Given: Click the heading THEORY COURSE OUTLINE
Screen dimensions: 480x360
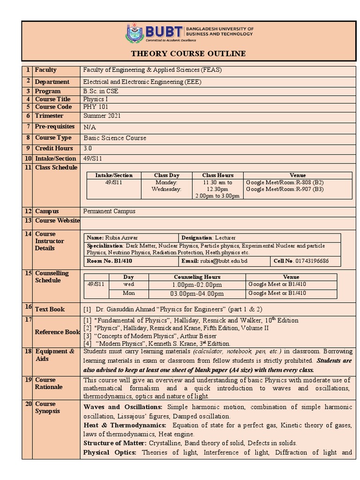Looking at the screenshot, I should coord(188,53).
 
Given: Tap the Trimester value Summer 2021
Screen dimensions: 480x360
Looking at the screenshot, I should coord(102,116).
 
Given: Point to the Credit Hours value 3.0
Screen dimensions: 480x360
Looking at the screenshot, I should coord(88,148).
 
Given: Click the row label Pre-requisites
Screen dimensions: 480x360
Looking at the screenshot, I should coord(54,127).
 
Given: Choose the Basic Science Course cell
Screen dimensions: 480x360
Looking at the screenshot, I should coord(115,138).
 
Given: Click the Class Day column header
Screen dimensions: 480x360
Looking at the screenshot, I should coord(167,175).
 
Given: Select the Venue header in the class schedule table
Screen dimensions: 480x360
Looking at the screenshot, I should coord(298,175).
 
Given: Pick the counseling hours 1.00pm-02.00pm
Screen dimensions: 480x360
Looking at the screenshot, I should coord(197,285).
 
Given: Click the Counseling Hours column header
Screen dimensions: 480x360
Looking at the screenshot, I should coord(197,277).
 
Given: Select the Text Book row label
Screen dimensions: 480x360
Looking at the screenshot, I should coord(50,309).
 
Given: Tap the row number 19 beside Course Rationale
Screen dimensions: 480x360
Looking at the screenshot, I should coord(28,380).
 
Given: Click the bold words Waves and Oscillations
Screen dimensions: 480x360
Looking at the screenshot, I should coord(123,407).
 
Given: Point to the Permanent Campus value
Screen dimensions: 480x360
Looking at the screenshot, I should coord(109,211).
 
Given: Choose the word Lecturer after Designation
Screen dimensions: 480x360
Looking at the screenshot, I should coord(225,238).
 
